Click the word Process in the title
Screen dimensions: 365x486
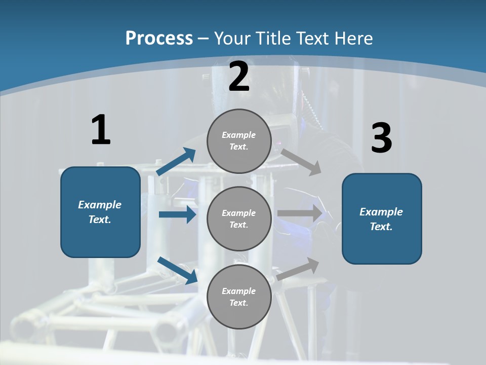[x=159, y=39]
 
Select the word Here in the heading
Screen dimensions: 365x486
[x=353, y=39]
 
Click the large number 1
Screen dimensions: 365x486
[x=101, y=130]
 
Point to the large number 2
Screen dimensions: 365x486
[x=239, y=77]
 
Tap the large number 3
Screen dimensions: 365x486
[x=382, y=138]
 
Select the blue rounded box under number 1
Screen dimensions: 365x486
[x=100, y=212]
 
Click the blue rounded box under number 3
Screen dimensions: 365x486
[x=382, y=219]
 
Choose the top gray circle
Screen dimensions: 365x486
[x=239, y=141]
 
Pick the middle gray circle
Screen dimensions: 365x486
[x=239, y=218]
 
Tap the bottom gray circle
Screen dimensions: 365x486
[x=239, y=297]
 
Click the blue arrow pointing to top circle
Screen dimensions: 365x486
[x=176, y=162]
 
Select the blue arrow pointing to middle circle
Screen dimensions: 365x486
[x=177, y=214]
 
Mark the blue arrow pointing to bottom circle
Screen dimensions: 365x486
[x=177, y=270]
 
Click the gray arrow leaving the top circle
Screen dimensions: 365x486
[x=301, y=162]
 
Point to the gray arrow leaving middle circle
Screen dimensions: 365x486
[x=300, y=213]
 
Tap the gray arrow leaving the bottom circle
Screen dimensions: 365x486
[x=298, y=269]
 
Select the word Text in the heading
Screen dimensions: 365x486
[x=313, y=39]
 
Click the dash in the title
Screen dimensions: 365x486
[x=204, y=39]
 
